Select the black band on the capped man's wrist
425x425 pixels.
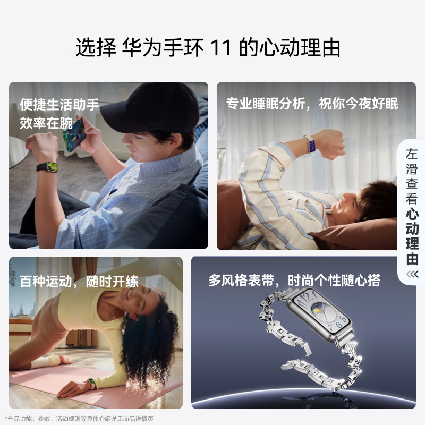(x=47, y=167)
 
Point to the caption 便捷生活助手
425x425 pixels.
(x=59, y=104)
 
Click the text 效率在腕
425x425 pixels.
(x=46, y=123)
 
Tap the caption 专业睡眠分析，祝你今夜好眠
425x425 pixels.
(x=312, y=103)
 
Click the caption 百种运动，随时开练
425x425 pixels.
(x=79, y=281)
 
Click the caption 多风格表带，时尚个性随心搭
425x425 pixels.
(x=294, y=280)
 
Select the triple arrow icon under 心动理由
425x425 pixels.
(x=412, y=274)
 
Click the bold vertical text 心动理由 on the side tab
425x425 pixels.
(x=412, y=236)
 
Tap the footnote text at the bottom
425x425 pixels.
(x=79, y=419)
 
